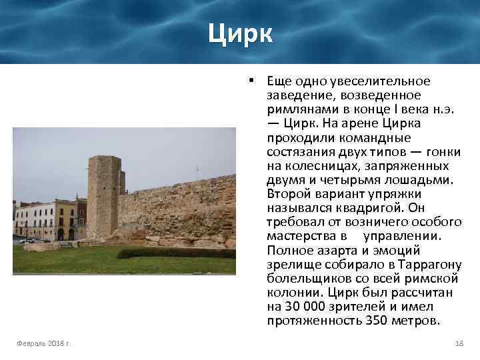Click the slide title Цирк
(x=239, y=33)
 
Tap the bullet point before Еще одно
(x=248, y=81)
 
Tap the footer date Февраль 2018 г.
(x=45, y=343)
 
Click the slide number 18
(x=458, y=343)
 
